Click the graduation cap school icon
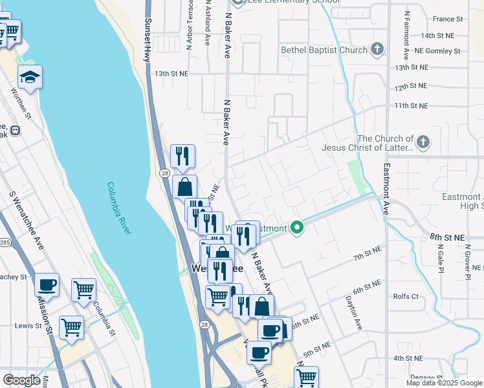[30, 78]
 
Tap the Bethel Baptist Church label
[324, 50]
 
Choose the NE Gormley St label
[437, 50]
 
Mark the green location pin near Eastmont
[297, 228]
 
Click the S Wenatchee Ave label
[27, 220]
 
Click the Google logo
[21, 380]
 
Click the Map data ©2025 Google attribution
[444, 383]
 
